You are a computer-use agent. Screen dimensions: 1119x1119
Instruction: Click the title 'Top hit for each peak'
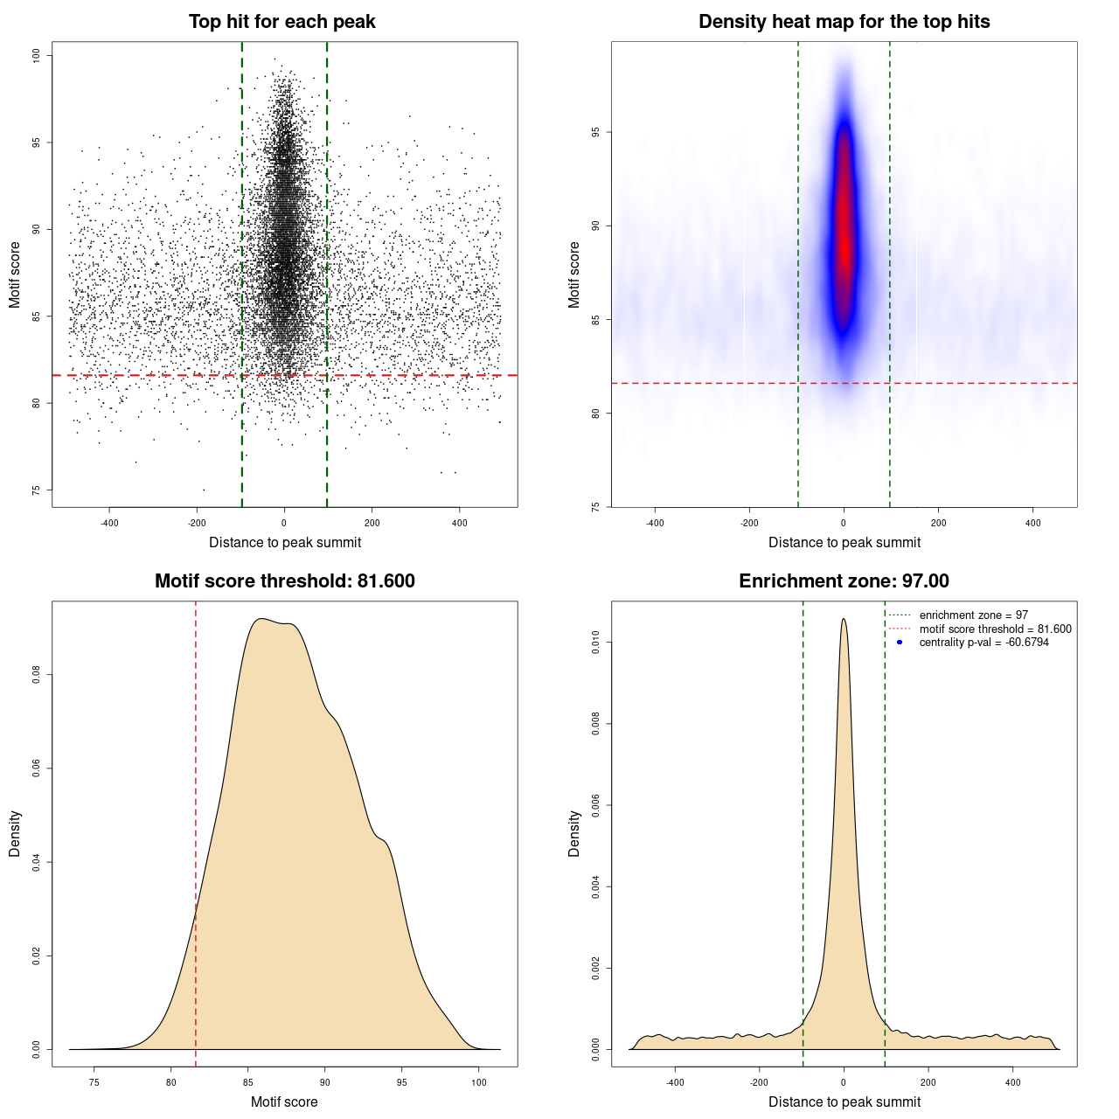[x=282, y=22]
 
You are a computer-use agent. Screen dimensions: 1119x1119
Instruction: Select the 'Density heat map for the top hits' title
[x=844, y=22]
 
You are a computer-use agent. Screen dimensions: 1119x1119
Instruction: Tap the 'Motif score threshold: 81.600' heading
[x=284, y=581]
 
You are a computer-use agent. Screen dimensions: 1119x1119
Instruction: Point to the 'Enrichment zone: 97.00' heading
[x=844, y=581]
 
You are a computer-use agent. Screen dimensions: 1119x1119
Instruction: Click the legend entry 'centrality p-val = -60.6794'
[x=983, y=643]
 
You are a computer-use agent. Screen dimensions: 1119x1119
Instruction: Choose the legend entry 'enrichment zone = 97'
[x=973, y=615]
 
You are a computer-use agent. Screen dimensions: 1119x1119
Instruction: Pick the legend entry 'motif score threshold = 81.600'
[x=995, y=629]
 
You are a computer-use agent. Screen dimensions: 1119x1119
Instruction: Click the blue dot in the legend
[x=900, y=643]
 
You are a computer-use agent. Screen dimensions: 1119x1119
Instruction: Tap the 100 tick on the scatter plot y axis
[x=36, y=56]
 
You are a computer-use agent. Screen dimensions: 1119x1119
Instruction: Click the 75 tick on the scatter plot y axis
[x=36, y=490]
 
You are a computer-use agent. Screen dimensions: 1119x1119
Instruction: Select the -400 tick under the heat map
[x=655, y=524]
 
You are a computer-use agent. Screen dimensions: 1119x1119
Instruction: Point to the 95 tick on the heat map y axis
[x=595, y=132]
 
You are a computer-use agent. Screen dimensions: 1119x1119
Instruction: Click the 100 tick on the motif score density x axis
[x=478, y=1083]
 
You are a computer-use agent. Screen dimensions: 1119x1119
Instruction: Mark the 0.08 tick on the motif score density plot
[x=36, y=675]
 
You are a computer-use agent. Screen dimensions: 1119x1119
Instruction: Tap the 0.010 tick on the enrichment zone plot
[x=595, y=643]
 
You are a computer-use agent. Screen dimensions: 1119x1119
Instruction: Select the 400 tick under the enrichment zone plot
[x=1012, y=1083]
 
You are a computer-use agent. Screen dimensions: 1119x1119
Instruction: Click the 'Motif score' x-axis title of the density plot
[x=284, y=1102]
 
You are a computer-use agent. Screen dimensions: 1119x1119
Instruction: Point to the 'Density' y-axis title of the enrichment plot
[x=574, y=833]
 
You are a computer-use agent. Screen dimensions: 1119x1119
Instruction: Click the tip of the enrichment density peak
[x=844, y=620]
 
